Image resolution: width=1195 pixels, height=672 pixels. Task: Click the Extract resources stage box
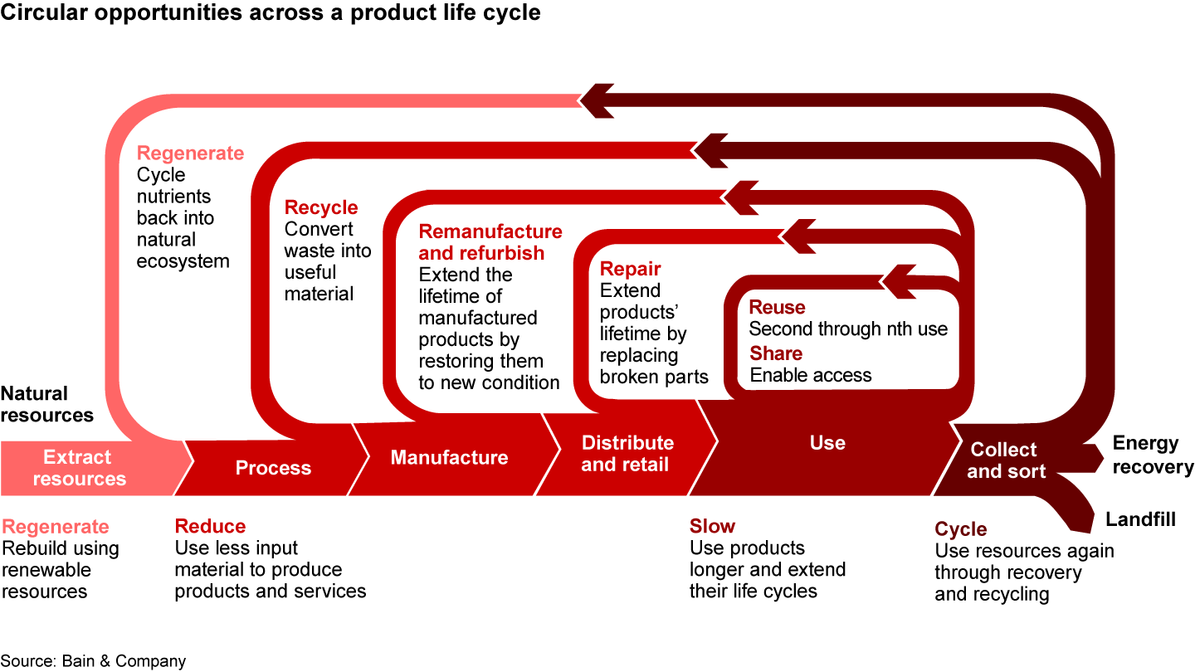point(80,468)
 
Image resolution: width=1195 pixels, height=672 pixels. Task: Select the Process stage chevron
point(273,468)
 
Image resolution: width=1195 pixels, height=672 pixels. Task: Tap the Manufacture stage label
point(449,457)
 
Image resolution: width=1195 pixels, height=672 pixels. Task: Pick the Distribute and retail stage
point(627,453)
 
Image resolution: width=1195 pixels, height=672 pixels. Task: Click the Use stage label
point(827,443)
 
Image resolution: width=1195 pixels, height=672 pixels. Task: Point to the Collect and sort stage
point(1005,460)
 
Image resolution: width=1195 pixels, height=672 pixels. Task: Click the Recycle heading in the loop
point(321,207)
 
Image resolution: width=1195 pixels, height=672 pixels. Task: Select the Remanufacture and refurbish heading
point(490,242)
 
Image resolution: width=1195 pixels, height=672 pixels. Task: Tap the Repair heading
point(631,269)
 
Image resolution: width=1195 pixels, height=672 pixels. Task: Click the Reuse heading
point(778,307)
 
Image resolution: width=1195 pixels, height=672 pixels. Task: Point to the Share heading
point(776,353)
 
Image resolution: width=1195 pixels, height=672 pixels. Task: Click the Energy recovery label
point(1152,455)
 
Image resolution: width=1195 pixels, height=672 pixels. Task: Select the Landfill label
point(1140,519)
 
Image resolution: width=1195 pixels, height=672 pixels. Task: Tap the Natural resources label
point(47,404)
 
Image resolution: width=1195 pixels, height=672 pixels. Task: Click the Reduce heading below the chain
point(210,526)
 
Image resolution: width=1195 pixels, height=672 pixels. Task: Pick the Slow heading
point(712,526)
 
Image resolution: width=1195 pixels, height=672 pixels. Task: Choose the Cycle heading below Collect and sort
point(961,529)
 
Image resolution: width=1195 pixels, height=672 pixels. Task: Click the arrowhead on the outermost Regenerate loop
point(597,100)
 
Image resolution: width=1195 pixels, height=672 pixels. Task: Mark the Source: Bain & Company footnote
point(93,660)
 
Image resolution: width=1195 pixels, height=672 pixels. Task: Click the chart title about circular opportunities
point(271,12)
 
